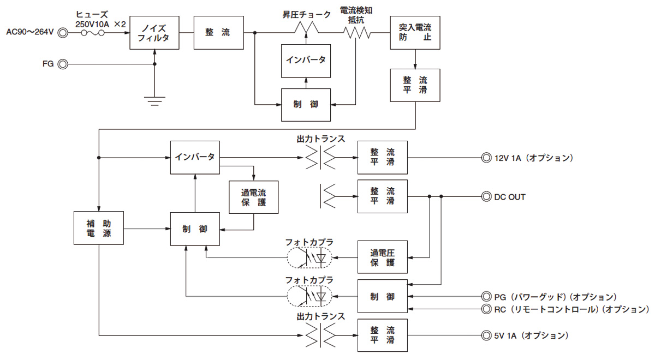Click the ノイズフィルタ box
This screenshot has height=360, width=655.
[x=155, y=33]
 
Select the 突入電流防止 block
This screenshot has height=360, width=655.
[x=415, y=33]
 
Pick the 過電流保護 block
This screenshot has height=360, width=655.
[x=253, y=197]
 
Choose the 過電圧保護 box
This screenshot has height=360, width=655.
[x=382, y=257]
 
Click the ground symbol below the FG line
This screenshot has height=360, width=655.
[x=155, y=99]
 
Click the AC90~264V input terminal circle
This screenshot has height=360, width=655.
[x=63, y=33]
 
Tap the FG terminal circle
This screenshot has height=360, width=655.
[x=63, y=64]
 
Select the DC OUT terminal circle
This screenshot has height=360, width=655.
[x=485, y=197]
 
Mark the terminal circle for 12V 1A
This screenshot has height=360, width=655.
[x=485, y=158]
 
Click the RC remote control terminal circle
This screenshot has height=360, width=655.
[x=485, y=309]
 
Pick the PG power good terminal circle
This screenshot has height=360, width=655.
[x=485, y=297]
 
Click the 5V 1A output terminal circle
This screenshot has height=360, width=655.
[x=485, y=335]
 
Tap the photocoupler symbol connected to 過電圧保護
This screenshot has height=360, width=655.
[x=308, y=257]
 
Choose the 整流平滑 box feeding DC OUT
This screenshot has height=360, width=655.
[x=382, y=197]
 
